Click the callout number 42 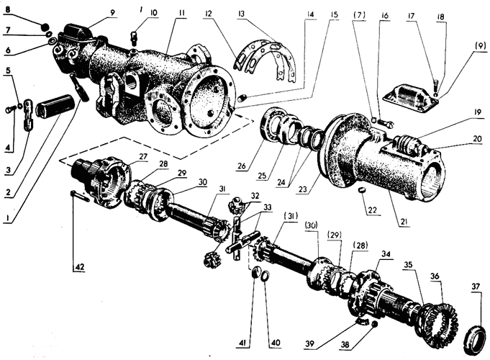coord(79,267)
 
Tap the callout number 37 coord(476,287)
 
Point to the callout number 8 coord(7,9)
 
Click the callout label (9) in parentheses coord(480,45)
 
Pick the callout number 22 coord(373,210)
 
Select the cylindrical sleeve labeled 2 coord(55,109)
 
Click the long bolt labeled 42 coord(81,196)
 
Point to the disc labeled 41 coord(257,271)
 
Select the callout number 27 coord(143,157)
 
